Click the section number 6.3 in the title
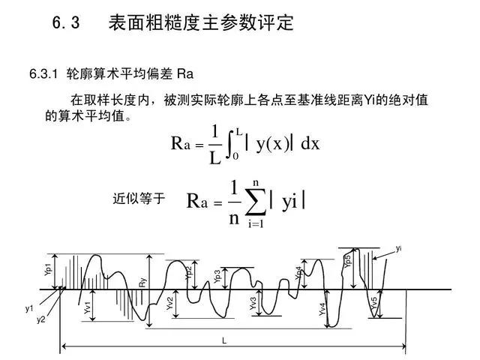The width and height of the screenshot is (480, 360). (66, 23)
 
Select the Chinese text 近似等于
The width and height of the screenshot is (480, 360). (138, 199)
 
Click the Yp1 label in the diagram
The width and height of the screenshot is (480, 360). (48, 270)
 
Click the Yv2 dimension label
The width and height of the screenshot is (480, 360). (170, 304)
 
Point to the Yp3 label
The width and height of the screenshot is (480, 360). (217, 276)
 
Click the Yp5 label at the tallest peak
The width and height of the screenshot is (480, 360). (347, 262)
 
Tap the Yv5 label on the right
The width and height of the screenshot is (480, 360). (374, 304)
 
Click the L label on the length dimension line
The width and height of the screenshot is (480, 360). (223, 340)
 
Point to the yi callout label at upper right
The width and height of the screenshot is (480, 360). (398, 248)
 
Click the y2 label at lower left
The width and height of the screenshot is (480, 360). (41, 320)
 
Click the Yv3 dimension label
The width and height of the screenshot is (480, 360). (253, 304)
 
